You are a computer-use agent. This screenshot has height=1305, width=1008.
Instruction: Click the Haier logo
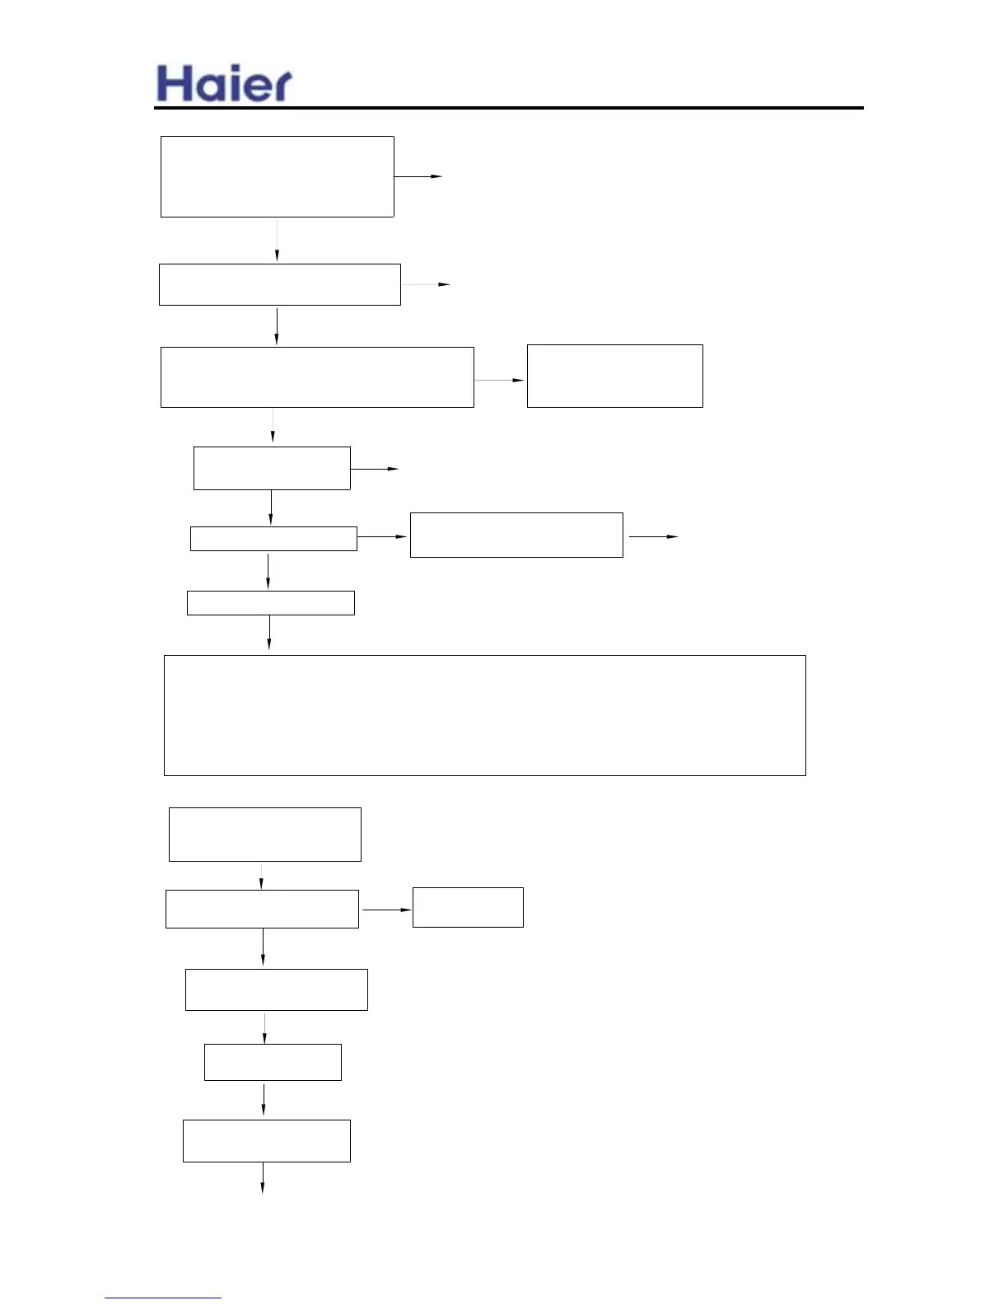[x=224, y=84]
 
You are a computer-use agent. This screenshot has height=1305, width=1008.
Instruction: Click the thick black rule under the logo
[x=508, y=108]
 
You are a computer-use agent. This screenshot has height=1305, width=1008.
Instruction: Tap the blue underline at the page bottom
[x=162, y=1298]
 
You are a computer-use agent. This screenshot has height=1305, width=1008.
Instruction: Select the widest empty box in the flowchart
[x=484, y=715]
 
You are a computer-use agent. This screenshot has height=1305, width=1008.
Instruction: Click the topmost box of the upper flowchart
[x=277, y=176]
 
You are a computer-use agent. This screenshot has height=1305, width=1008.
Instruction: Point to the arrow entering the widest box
[x=269, y=635]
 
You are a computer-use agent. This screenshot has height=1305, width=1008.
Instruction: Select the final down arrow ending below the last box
[x=263, y=1178]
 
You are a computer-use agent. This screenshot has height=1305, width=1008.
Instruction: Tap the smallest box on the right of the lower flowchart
[x=467, y=907]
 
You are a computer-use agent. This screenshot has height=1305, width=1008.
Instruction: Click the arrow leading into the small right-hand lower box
[x=386, y=910]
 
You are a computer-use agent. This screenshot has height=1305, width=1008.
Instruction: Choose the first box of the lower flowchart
[x=264, y=835]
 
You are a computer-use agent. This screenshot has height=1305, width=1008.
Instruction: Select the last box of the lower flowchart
[x=266, y=1141]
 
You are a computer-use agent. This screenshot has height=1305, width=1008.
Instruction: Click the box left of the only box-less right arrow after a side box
[x=516, y=535]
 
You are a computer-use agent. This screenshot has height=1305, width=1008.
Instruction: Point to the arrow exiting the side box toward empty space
[x=653, y=536]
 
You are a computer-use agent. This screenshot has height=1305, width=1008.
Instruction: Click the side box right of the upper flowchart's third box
[x=614, y=376]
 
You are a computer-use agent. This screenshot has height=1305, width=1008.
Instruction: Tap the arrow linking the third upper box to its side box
[x=500, y=381]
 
